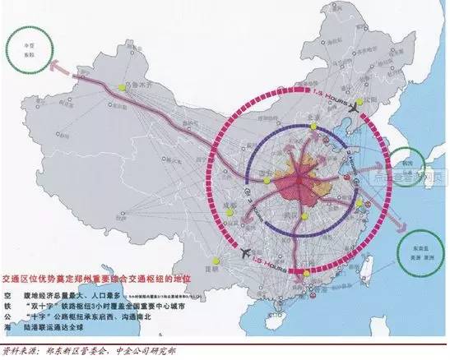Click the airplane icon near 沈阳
pos(355,108)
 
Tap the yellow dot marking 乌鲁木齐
pos(121,85)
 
